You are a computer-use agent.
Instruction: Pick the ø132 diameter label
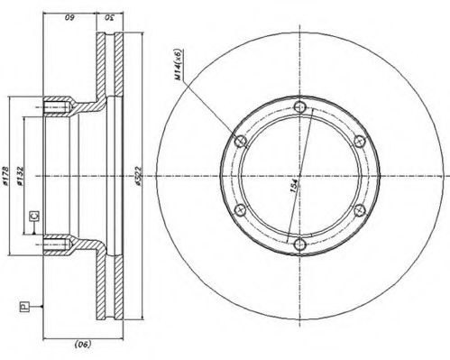28,173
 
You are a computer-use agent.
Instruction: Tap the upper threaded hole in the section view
56,111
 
